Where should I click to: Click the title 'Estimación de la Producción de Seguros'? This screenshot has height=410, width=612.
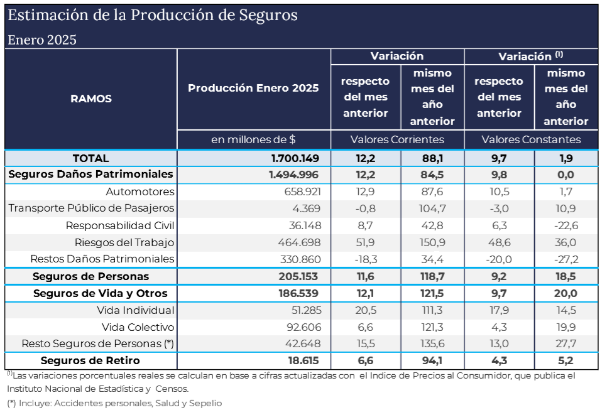pos(153,15)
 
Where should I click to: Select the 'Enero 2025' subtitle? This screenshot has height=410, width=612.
pos(42,40)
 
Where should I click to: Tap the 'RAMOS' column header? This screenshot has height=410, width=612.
pos(91,99)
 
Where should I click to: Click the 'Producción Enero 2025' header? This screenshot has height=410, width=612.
pos(253,88)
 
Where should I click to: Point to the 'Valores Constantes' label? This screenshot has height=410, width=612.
pos(531,139)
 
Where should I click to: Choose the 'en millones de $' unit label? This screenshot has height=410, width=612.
pos(253,139)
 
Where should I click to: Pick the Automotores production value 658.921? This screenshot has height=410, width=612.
pos(300,192)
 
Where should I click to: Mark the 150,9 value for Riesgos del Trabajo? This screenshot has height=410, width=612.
pos(432,242)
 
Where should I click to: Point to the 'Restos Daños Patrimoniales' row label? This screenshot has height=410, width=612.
pos(102,259)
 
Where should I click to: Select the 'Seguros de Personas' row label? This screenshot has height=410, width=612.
pos(91,276)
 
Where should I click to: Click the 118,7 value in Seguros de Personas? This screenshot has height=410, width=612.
pos(432,276)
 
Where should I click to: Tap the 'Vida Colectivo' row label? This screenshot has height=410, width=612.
pos(138,327)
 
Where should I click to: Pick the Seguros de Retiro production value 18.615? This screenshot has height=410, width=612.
pos(300,361)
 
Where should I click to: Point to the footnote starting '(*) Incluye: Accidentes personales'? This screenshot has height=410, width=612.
pos(114,403)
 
